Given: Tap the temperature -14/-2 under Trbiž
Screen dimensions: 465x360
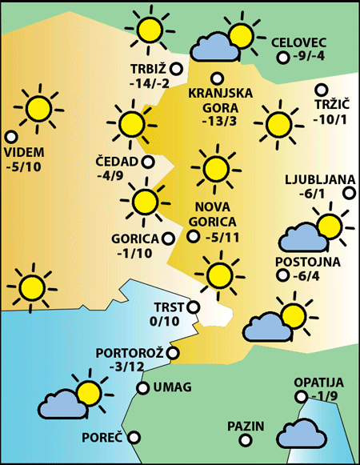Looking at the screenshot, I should pos(149,84).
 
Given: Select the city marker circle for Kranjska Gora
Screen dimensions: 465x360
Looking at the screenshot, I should pos(217,78).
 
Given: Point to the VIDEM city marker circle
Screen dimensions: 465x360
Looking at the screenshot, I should pos(10,137).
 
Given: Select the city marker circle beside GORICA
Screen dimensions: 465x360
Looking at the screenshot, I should pos(168,238).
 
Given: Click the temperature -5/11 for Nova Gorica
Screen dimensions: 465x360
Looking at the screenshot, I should pos(222,238).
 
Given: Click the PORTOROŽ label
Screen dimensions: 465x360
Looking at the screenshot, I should pos(130,352).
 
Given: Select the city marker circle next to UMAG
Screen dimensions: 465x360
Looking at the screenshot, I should pos(142,388).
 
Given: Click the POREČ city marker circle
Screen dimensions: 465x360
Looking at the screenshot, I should pos(134,437).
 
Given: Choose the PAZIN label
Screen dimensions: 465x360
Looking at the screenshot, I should pos(245,425).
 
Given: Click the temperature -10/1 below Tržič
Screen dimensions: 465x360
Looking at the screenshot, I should pos(330,120).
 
